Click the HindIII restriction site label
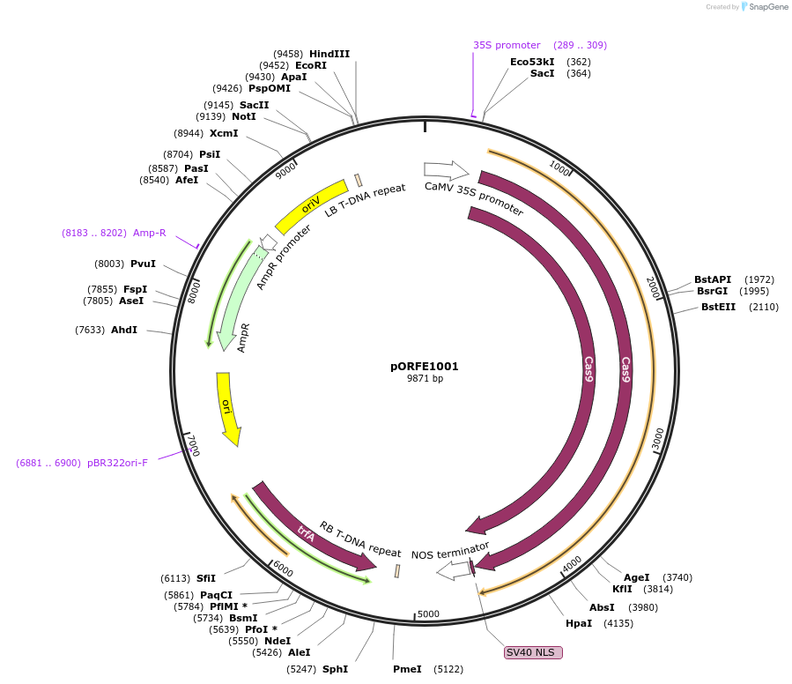(x=329, y=54)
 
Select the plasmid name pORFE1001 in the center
(x=425, y=366)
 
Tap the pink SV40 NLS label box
(x=532, y=652)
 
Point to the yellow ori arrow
(x=227, y=406)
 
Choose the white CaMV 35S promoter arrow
(x=445, y=168)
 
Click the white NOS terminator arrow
(x=454, y=571)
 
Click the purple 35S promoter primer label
(x=507, y=45)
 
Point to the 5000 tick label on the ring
(x=428, y=613)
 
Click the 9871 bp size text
(x=425, y=379)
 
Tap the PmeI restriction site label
(x=407, y=669)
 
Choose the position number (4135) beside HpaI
(x=618, y=623)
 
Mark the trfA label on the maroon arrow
(x=306, y=532)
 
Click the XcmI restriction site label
(x=224, y=133)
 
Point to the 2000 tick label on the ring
(x=653, y=287)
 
